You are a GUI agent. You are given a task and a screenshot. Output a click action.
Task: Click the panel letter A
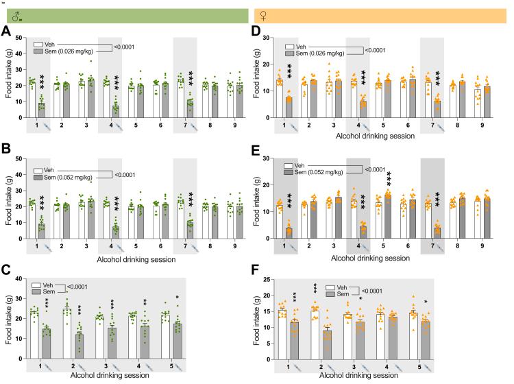[5, 32]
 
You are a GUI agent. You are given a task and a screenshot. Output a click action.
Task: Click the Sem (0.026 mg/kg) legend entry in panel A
[67, 51]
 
